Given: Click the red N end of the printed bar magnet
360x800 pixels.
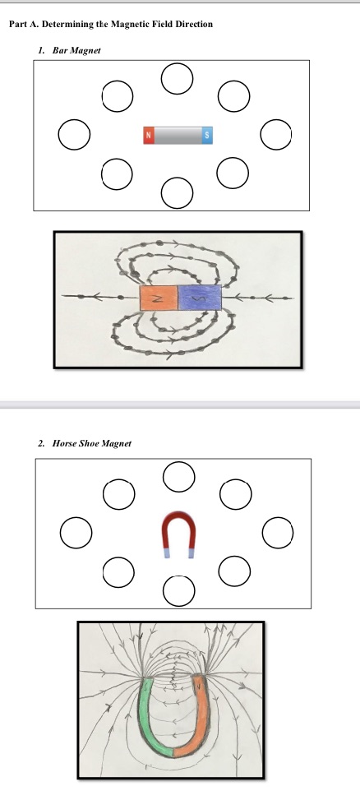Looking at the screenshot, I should (149, 135).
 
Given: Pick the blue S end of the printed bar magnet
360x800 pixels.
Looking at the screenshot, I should (207, 135).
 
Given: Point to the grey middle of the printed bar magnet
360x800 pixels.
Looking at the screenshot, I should (178, 135).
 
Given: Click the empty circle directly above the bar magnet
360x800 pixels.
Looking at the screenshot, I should (178, 78).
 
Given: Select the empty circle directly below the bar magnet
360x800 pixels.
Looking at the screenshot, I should (178, 192).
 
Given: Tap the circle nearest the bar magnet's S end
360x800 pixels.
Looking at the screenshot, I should (276, 134).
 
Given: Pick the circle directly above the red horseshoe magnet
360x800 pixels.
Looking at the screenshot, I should (178, 476).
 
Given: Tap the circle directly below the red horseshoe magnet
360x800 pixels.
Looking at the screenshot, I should (178, 589).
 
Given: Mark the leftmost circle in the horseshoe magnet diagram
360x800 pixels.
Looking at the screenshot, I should (75, 531).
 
